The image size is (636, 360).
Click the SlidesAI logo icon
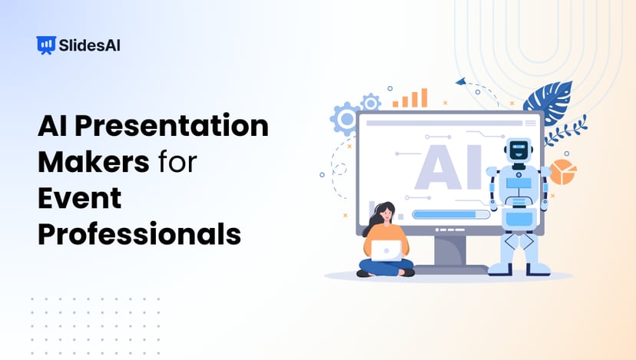(x=46, y=45)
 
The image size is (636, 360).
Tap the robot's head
(x=520, y=151)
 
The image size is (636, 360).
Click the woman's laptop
(x=386, y=249)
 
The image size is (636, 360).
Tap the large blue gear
(x=345, y=120)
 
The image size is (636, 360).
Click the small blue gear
(x=371, y=101)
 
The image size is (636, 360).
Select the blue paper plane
(x=461, y=81)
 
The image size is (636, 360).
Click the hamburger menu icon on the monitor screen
(x=530, y=122)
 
